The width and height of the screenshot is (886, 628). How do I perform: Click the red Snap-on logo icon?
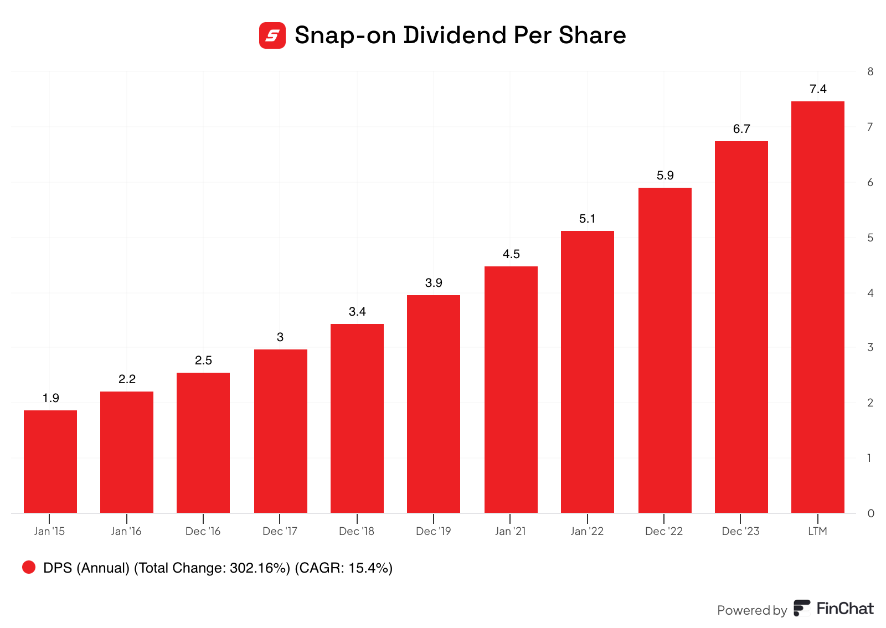(x=272, y=35)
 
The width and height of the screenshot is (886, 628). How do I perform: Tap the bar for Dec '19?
(x=434, y=404)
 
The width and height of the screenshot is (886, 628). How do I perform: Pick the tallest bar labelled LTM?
(x=817, y=307)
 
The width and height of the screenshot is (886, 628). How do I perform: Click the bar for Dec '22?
(x=664, y=350)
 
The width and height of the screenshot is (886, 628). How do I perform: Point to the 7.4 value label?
(x=818, y=89)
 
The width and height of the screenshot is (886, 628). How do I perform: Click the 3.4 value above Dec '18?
(x=357, y=312)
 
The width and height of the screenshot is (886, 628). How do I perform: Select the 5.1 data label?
(x=587, y=219)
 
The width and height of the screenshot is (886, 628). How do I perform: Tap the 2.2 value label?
(x=127, y=379)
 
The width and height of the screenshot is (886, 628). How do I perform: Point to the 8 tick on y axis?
(x=870, y=71)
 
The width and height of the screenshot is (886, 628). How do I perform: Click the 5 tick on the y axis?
(x=870, y=238)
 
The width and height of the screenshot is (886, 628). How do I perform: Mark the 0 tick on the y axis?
(x=870, y=513)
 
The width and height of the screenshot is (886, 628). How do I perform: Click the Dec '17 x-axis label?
(x=280, y=531)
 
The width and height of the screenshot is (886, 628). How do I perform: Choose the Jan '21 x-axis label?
(x=510, y=531)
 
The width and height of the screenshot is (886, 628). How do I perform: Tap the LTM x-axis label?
(x=817, y=531)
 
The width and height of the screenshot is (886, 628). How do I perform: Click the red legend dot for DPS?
(x=29, y=567)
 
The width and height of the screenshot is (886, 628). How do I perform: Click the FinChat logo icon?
(x=801, y=608)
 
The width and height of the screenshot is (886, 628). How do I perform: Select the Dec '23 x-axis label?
(x=740, y=531)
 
